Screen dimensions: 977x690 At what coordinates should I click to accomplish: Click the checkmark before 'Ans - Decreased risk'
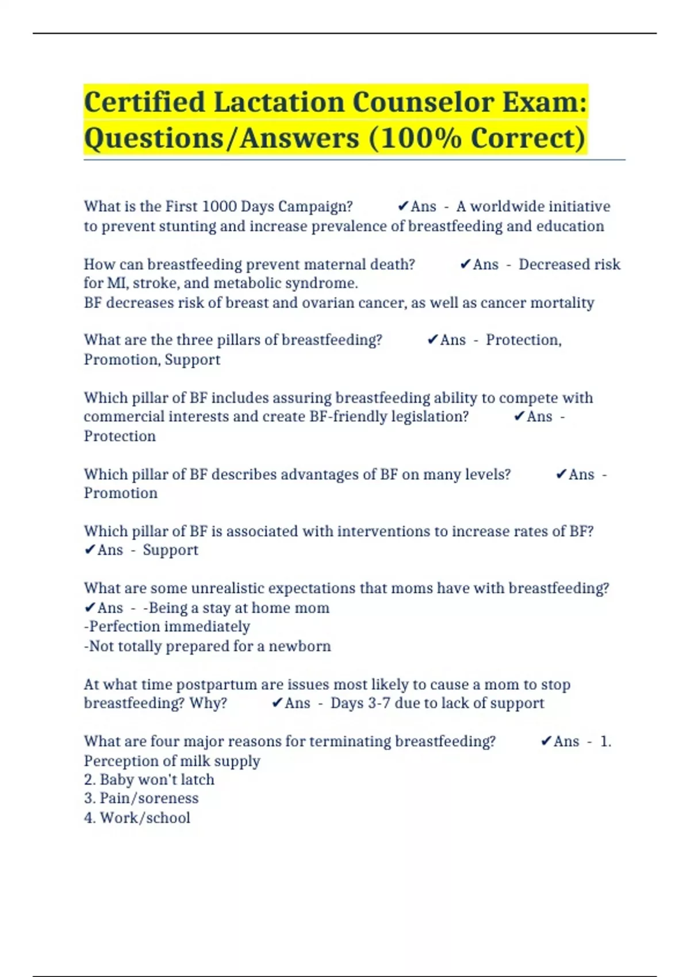pos(465,264)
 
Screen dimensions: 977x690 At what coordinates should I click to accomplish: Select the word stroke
pos(155,283)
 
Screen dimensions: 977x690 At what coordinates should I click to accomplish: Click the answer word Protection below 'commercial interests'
pos(120,436)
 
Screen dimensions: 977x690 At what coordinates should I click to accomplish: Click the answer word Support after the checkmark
pos(170,550)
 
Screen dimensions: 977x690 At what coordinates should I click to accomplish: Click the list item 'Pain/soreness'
pos(149,798)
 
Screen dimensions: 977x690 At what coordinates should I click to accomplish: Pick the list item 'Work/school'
pos(145,818)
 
